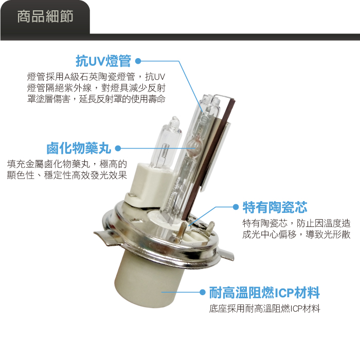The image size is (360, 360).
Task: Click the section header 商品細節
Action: click(x=45, y=16)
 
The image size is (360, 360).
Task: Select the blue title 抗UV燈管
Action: click(x=103, y=61)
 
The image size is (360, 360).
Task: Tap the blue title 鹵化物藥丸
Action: click(x=79, y=148)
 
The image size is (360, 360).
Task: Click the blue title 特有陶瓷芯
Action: click(x=275, y=207)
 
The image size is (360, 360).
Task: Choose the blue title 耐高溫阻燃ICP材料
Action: click(x=264, y=293)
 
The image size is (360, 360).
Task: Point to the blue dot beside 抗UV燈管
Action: click(x=138, y=61)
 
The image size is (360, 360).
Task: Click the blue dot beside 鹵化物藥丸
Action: click(x=118, y=148)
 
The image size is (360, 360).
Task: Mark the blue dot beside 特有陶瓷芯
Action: click(x=236, y=207)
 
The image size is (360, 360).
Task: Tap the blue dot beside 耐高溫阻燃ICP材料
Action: click(x=202, y=292)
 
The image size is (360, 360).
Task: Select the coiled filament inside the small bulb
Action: click(x=165, y=152)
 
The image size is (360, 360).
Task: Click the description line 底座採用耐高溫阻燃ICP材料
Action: click(x=264, y=309)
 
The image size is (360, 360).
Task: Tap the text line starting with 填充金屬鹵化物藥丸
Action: click(x=67, y=164)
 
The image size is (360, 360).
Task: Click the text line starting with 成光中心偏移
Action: click(x=296, y=235)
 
